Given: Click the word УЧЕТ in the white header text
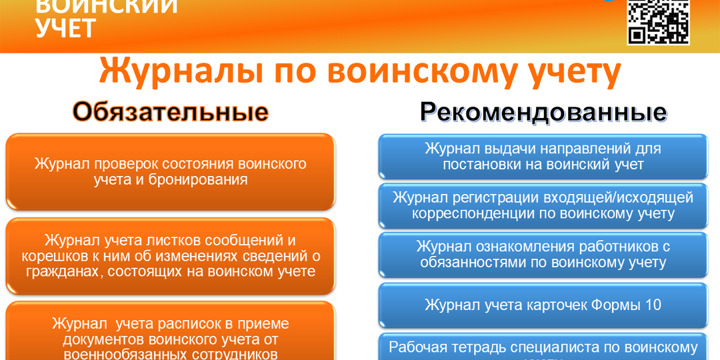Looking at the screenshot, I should [65, 29].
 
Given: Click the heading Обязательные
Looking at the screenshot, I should [171, 112].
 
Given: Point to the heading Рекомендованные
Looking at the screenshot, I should [543, 112].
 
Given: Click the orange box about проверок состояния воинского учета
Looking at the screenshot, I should [171, 171].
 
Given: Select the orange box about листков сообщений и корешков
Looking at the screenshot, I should [171, 256].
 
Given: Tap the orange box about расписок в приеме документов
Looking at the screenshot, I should [171, 333].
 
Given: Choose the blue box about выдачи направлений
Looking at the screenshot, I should [543, 157].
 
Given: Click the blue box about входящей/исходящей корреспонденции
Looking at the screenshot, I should [543, 206].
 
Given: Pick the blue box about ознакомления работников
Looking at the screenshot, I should [543, 255].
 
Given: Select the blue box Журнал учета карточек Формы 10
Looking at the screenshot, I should [543, 305].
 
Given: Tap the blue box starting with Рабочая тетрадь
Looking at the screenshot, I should [543, 348].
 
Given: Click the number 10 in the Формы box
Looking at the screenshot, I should [652, 305].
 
